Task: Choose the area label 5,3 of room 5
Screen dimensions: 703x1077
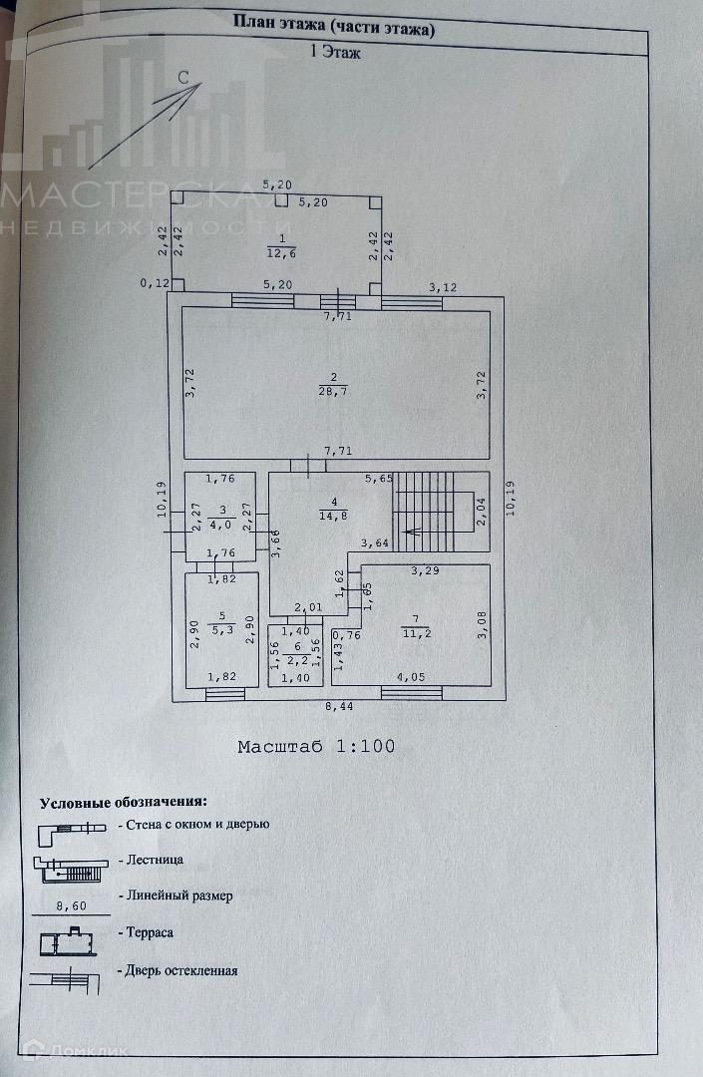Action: tap(221, 630)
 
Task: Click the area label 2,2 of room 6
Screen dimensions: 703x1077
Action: tap(295, 659)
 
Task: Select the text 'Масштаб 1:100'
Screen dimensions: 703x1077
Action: tap(316, 746)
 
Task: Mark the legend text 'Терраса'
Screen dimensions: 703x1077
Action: tap(151, 932)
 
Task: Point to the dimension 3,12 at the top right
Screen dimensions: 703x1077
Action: tap(442, 288)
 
